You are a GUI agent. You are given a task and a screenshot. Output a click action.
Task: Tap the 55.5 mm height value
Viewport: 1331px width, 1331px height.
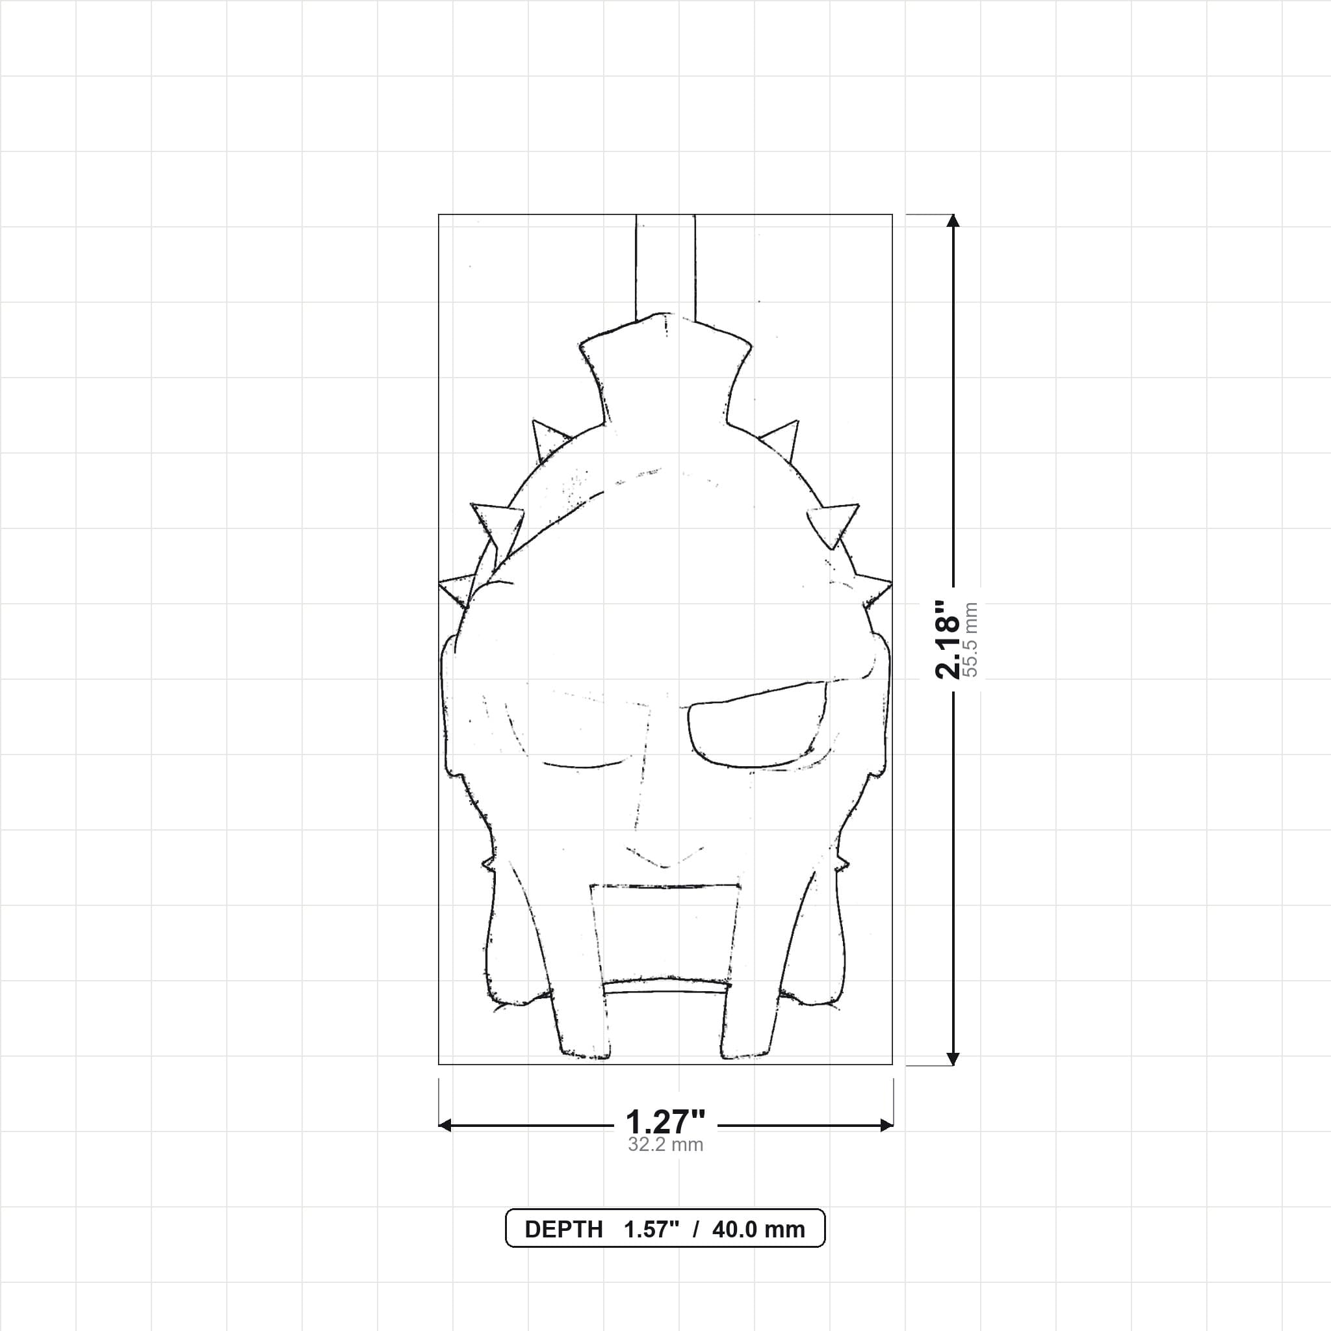(970, 640)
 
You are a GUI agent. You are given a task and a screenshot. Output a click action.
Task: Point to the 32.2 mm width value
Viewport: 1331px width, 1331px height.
(665, 1144)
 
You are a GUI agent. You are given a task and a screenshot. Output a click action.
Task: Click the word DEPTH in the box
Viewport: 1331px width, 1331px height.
(563, 1230)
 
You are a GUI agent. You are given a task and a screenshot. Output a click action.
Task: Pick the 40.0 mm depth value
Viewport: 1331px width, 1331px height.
(758, 1230)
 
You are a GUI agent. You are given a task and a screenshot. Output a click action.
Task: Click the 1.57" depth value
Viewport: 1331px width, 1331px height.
(652, 1230)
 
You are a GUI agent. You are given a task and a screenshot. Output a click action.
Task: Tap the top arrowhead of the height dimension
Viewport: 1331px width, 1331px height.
(953, 220)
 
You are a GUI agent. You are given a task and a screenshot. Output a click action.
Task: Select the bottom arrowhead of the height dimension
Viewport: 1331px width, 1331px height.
(953, 1059)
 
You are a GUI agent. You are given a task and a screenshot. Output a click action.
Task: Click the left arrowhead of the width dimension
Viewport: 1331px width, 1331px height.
(445, 1125)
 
